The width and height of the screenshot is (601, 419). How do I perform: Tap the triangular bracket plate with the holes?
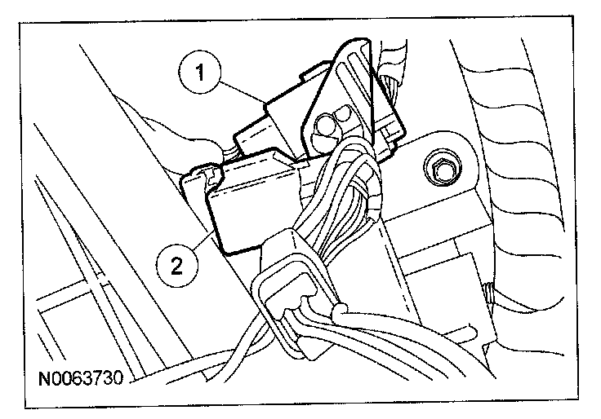pyautogui.click(x=343, y=106)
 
